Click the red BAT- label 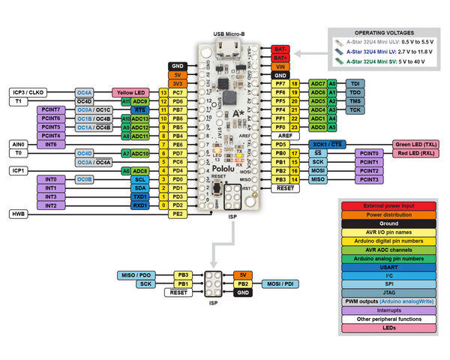pos(280,48)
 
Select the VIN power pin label pos(280,66)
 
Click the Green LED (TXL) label pos(415,144)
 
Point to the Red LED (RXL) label pos(415,153)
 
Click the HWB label pos(19,214)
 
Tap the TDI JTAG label pos(355,83)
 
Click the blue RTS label pos(139,109)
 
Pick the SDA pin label pos(139,187)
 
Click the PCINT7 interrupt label pos(50,109)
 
